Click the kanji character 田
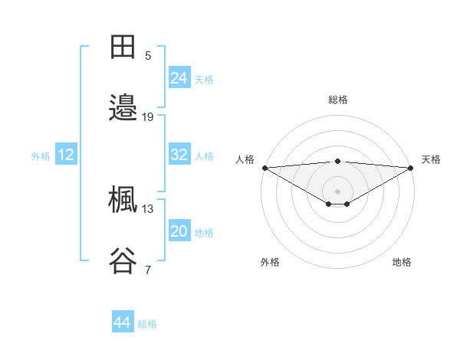coord(123,47)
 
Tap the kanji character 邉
coord(123,108)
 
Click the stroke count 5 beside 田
coord(148,56)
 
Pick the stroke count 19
coord(148,117)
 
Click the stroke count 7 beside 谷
coord(148,270)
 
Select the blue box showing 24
coord(179,78)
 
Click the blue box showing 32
coord(179,155)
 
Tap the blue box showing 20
coord(179,231)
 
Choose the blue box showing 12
coord(66,155)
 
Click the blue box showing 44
coord(123,323)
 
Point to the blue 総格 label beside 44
coord(147,324)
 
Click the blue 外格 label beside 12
coord(41,155)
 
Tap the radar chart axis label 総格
coord(338,100)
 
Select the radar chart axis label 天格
coord(431,159)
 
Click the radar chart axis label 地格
coord(402,262)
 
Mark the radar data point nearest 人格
coord(264,167)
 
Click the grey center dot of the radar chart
coord(338,191)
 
